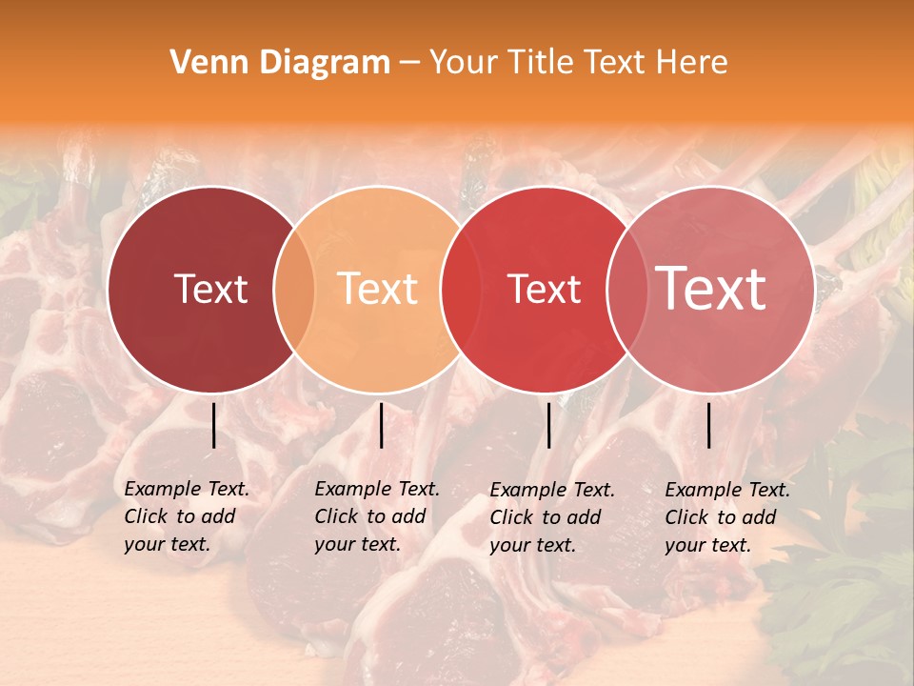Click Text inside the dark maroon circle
point(210,289)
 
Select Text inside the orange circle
point(378,289)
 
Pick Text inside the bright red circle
point(545,289)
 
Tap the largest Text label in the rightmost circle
point(711,289)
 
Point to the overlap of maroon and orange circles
point(294,289)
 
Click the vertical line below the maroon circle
point(214,425)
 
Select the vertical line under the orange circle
point(381,425)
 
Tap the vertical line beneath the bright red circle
point(549,425)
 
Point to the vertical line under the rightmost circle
point(709,425)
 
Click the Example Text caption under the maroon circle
point(187,516)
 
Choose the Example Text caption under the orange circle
point(377,516)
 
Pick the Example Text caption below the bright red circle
point(552,517)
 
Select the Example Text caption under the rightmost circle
point(727,517)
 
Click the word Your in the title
point(462,63)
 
